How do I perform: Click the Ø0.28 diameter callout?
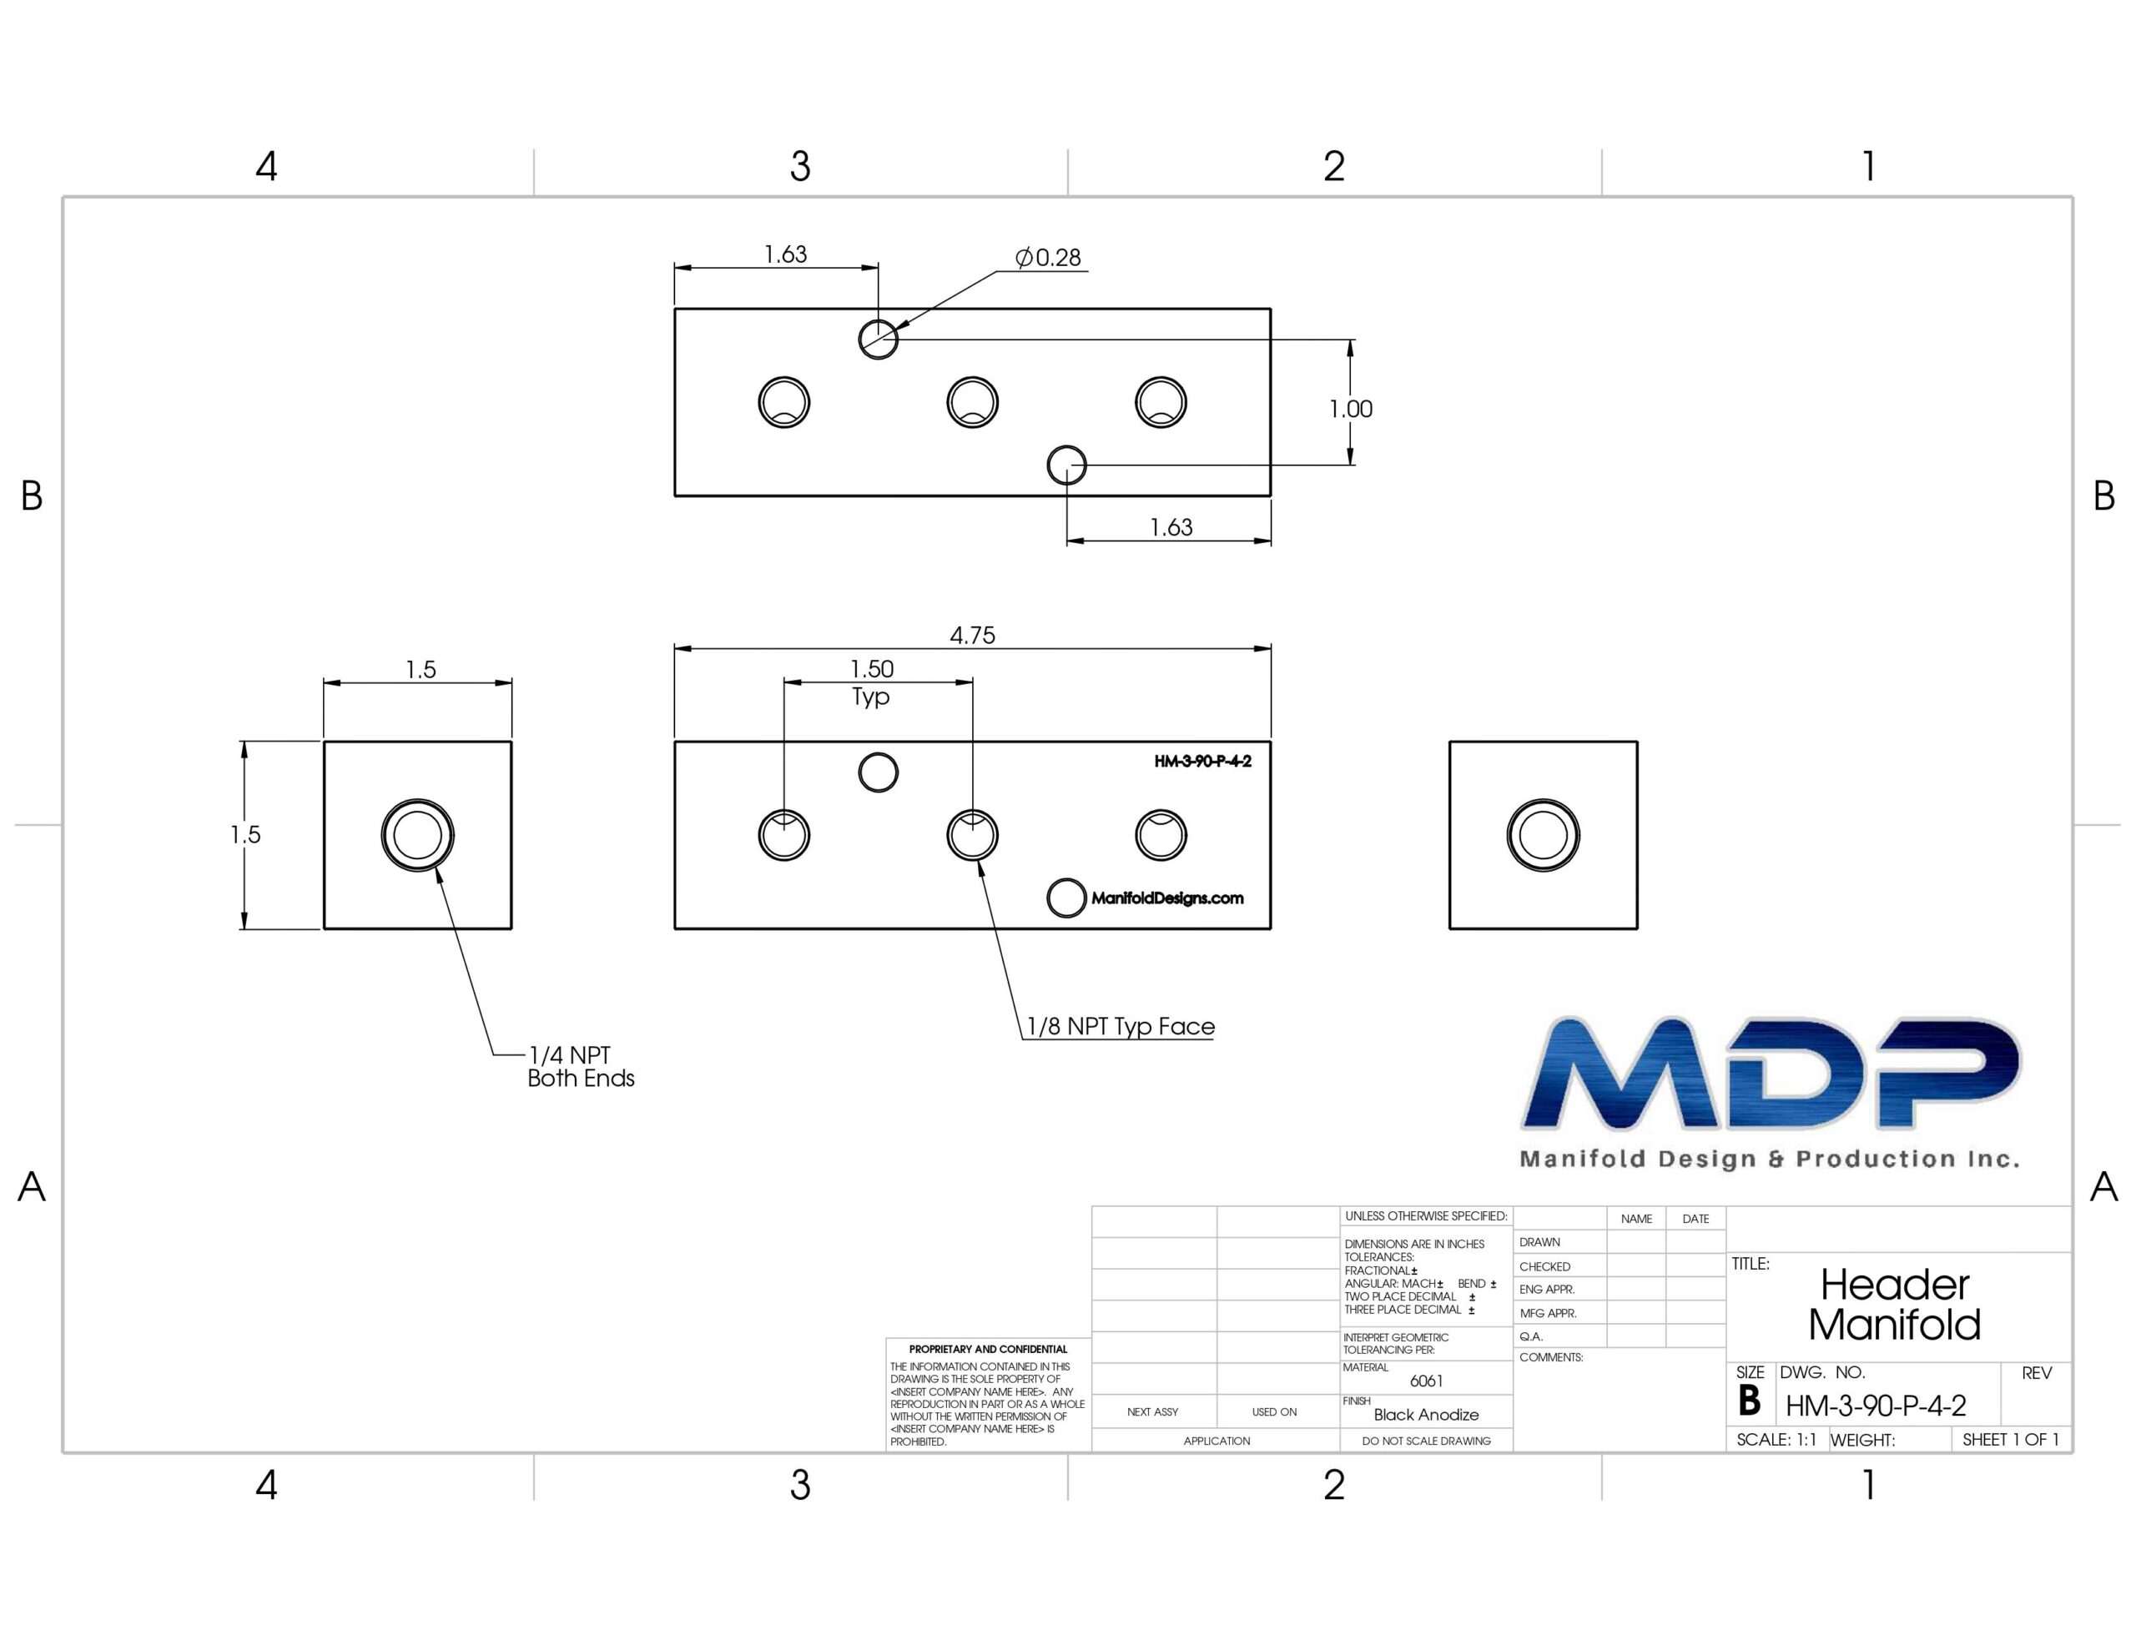pos(1049,257)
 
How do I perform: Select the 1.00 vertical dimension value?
pos(1351,409)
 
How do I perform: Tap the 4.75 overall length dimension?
pos(972,636)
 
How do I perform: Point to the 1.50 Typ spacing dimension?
pos(871,682)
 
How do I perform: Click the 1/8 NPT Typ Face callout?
pos(1121,1026)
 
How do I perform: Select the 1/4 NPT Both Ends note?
pos(581,1066)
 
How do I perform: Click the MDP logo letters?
pos(1771,1073)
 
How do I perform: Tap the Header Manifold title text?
pos(1894,1304)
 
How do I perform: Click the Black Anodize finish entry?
pos(1426,1414)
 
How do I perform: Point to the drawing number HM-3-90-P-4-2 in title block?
pos(1876,1406)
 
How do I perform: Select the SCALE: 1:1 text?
pos(1776,1440)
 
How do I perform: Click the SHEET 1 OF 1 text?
pos(2011,1440)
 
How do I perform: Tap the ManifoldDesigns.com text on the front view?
pos(1166,898)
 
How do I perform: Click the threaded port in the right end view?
pos(1544,835)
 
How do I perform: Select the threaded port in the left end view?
pos(418,835)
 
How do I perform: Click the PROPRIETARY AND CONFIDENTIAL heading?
pos(988,1349)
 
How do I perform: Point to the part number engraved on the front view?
pos(1203,761)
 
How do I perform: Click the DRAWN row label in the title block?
pos(1539,1242)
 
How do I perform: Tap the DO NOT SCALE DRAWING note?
pos(1426,1441)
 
